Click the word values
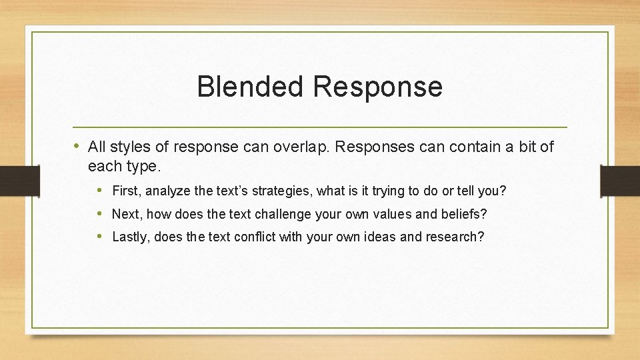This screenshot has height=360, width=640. [x=400, y=215]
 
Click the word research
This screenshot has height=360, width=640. [x=453, y=237]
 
